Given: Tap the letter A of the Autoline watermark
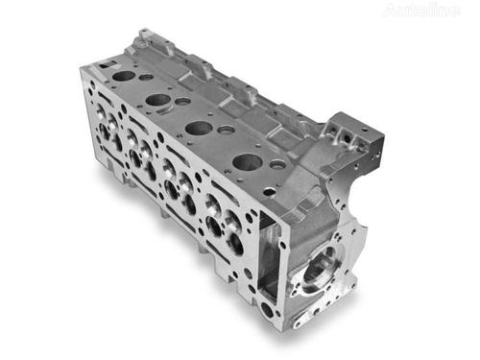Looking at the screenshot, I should click(x=389, y=11).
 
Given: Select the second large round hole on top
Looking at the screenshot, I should click(x=159, y=99).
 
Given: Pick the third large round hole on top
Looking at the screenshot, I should click(x=199, y=127).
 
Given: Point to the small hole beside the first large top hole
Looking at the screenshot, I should click(x=145, y=77).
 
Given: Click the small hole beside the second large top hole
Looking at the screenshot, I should click(x=182, y=101).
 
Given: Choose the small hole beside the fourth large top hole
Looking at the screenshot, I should click(x=277, y=164).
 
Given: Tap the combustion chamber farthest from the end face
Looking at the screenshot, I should click(x=108, y=132).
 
